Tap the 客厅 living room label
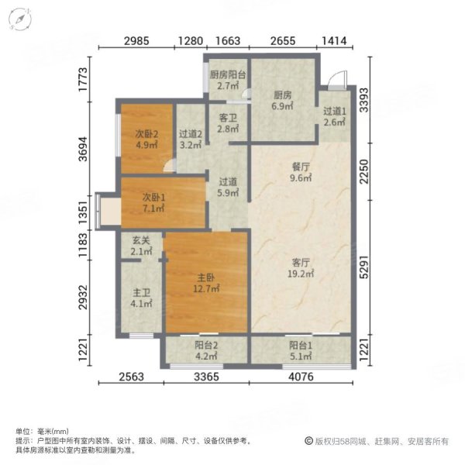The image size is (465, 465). (299, 262)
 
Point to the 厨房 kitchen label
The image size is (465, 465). (282, 95)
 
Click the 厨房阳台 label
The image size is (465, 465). (226, 75)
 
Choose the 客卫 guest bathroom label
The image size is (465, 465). (227, 119)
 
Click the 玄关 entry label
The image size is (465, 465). (140, 241)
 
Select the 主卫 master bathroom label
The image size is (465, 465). (139, 294)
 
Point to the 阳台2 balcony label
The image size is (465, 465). (205, 346)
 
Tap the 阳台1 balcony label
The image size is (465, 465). (301, 346)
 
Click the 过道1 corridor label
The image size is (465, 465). (336, 112)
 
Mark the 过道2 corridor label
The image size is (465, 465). (190, 133)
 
